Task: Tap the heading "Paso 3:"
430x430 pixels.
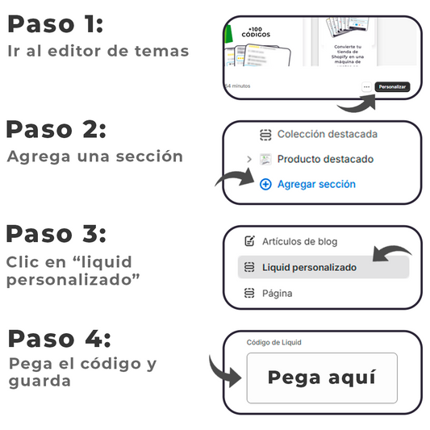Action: [56, 234]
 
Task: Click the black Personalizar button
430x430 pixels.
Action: [393, 86]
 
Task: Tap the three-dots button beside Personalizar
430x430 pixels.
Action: [366, 86]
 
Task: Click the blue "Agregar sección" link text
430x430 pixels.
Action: [316, 184]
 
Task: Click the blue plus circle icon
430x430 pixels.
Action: [265, 184]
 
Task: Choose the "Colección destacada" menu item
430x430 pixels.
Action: [327, 135]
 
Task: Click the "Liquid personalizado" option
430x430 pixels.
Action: [309, 267]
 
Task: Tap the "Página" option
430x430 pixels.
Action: [277, 294]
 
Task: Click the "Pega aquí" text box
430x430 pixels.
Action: [321, 378]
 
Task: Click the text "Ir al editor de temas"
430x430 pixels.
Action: [98, 51]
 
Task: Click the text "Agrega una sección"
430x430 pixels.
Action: [94, 157]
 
